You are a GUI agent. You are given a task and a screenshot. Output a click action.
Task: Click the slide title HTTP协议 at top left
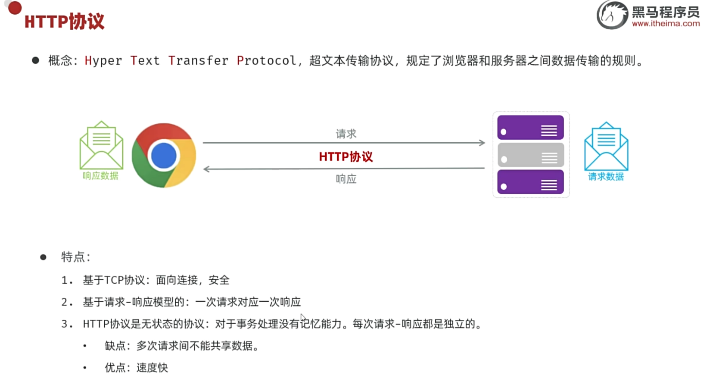tap(64, 21)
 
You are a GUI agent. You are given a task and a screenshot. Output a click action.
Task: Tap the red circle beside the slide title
tap(15, 8)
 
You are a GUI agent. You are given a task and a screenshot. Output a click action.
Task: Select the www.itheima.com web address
tap(666, 24)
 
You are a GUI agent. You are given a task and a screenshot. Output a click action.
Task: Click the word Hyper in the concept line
tap(103, 61)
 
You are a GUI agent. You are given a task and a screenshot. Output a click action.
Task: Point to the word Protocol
tap(266, 61)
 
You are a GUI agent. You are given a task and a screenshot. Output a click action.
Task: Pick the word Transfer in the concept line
tap(198, 61)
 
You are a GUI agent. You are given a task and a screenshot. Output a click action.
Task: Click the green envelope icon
tap(101, 145)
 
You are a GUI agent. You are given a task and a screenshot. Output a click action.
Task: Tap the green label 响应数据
tap(100, 176)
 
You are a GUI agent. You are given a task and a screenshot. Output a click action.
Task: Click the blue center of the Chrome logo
tap(164, 155)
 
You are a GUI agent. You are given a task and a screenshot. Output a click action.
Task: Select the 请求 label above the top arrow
tap(346, 134)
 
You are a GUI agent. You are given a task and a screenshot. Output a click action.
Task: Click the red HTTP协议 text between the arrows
tap(346, 157)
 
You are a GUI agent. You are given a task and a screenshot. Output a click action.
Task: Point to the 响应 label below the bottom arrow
tap(346, 179)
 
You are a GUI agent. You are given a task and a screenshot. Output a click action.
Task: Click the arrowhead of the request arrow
tap(483, 143)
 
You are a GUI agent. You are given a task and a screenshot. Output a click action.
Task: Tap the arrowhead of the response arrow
tap(206, 169)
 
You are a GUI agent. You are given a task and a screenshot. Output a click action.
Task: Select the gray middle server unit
tap(530, 155)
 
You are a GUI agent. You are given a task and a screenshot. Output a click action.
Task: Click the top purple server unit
tap(530, 128)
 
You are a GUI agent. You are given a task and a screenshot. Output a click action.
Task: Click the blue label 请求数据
tap(606, 177)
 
